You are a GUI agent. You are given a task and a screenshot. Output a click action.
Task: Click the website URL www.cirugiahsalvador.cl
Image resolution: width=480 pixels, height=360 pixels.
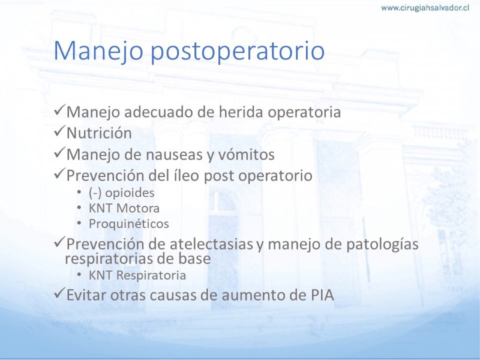425,8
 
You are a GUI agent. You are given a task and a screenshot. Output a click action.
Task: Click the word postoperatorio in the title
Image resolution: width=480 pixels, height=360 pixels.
238,52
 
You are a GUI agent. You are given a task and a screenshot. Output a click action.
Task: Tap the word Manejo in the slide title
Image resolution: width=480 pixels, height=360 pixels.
98,52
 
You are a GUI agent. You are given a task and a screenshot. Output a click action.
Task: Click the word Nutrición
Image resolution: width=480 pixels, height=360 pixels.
99,133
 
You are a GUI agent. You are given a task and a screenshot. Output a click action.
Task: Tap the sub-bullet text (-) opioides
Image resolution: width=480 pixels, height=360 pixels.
122,193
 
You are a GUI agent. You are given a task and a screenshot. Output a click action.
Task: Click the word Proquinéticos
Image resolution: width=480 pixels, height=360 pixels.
129,224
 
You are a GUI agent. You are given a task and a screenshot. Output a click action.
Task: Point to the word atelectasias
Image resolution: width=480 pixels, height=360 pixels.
212,244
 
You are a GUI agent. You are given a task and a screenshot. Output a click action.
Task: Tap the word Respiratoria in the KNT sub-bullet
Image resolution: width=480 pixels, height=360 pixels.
151,275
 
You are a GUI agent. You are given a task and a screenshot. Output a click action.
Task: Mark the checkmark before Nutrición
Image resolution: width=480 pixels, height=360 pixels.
59,131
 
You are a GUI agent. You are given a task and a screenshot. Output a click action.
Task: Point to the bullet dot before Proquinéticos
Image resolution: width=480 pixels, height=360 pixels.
80,223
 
